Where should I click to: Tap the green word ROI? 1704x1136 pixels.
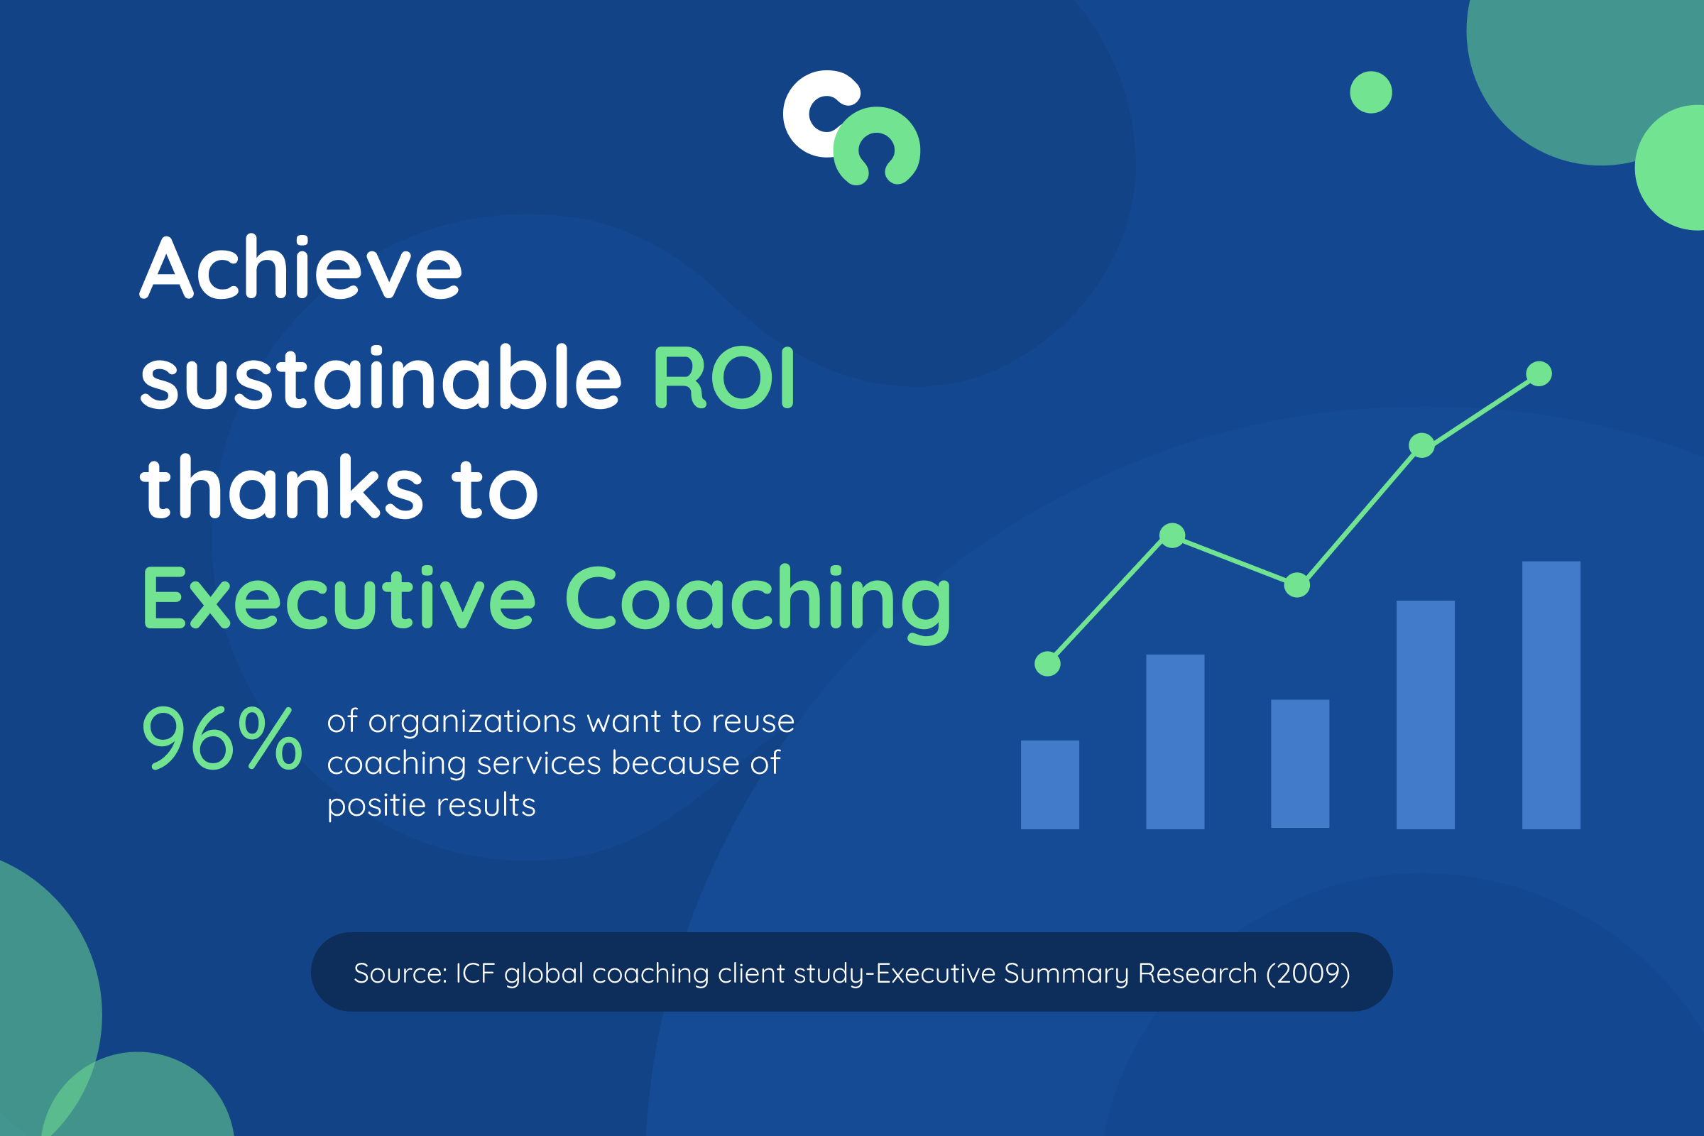723,378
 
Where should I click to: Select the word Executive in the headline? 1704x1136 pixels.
339,599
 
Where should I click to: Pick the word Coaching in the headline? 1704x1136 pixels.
757,603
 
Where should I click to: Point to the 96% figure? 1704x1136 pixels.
222,738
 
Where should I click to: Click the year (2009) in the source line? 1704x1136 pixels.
1308,973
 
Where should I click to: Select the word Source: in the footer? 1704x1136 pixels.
400,973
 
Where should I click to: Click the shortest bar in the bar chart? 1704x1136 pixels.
1050,785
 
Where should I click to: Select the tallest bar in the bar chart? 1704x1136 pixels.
1551,696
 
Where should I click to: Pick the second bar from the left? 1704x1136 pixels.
1175,742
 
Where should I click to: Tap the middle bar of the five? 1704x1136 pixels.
1301,764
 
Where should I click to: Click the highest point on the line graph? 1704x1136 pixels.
1539,374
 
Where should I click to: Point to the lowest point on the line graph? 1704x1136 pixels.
1048,663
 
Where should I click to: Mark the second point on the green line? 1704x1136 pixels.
1172,535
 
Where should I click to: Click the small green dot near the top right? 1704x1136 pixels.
1371,92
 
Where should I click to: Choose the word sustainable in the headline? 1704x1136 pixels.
381,378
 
